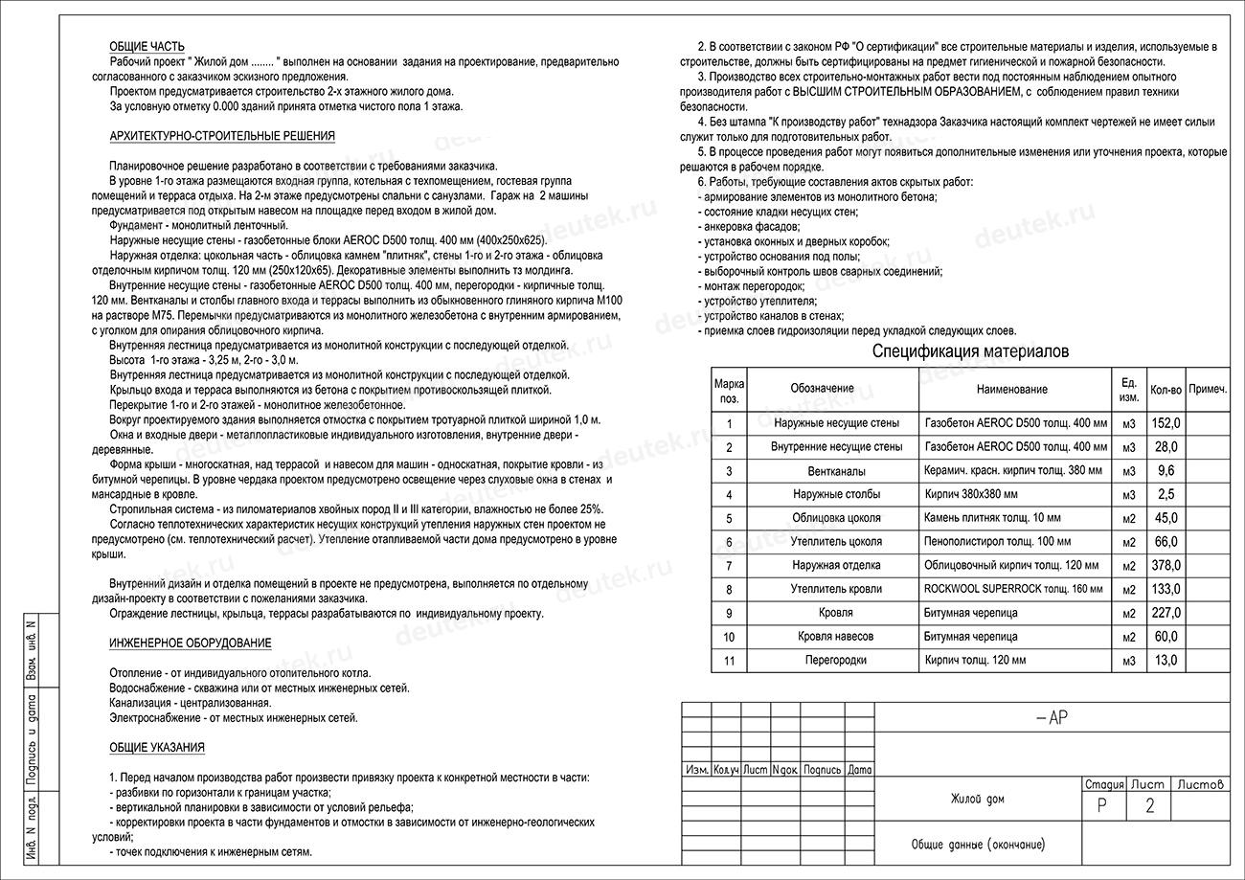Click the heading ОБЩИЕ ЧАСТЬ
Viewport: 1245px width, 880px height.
click(147, 47)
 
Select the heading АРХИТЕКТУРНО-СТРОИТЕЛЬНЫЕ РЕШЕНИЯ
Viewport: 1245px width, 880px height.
click(222, 136)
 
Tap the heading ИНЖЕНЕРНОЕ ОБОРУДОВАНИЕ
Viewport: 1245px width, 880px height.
click(191, 643)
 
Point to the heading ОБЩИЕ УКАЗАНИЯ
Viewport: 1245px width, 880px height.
click(157, 748)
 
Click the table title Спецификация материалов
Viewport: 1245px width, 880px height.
click(970, 351)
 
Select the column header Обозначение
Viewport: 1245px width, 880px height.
click(822, 389)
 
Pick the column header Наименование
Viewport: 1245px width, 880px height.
click(1012, 389)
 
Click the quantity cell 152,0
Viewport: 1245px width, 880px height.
click(1166, 423)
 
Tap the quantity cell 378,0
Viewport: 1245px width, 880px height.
click(1166, 566)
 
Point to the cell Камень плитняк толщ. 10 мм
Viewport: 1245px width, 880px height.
click(992, 518)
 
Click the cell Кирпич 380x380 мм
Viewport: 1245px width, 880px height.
click(971, 495)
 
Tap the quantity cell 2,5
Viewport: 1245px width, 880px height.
click(1166, 495)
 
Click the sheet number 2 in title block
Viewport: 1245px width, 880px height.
click(1149, 806)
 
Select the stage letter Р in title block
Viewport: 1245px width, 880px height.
click(1102, 806)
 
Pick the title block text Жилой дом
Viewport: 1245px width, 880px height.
click(978, 799)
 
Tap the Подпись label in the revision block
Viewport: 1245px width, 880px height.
click(823, 770)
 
